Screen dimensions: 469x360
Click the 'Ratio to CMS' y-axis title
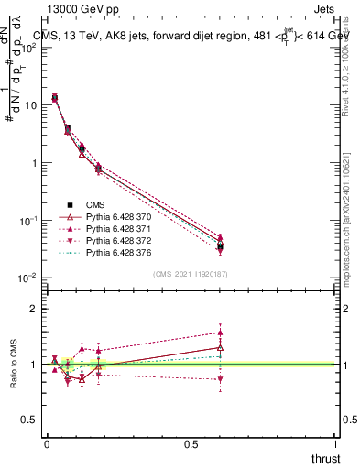click(x=13, y=365)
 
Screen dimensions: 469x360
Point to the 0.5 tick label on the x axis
click(x=191, y=444)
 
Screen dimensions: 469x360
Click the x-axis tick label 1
click(x=336, y=444)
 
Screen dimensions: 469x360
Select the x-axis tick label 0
click(x=47, y=444)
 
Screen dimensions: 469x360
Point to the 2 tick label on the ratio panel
click(x=33, y=309)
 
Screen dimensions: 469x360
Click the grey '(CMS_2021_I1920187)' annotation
click(x=191, y=273)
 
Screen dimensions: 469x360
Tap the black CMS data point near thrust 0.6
click(x=220, y=246)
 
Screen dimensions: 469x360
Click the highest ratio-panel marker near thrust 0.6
click(x=220, y=333)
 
